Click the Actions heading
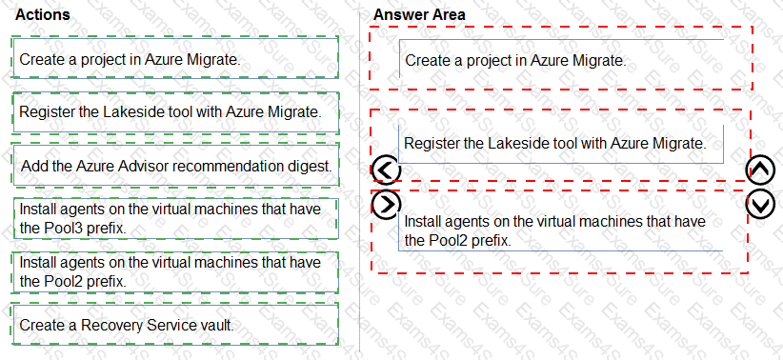43,15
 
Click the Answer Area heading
419,14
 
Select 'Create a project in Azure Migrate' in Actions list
176,59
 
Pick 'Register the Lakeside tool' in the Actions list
176,112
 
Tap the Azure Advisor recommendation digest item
176,166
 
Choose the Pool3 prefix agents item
176,218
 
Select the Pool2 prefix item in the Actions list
176,271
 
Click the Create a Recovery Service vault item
176,325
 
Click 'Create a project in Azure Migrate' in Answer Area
560,60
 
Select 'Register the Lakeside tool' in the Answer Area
560,144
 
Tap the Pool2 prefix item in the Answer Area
560,230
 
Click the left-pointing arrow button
386,170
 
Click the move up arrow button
760,170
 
